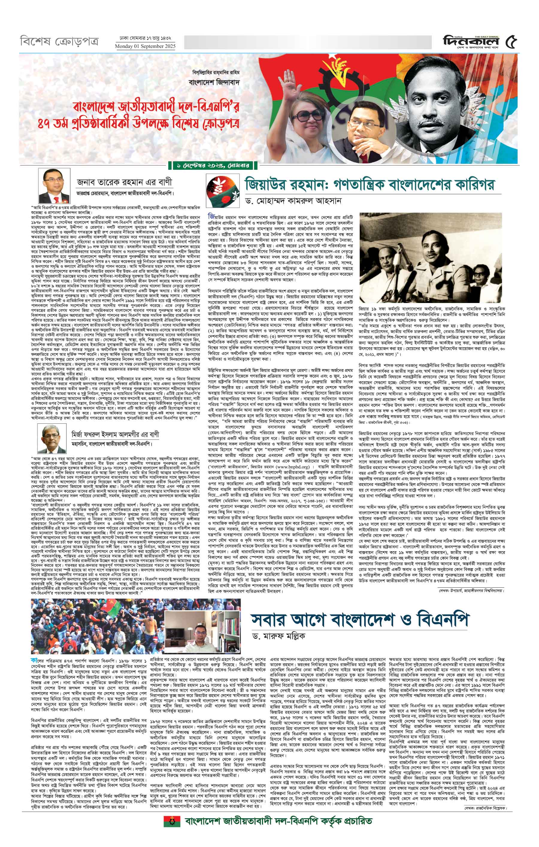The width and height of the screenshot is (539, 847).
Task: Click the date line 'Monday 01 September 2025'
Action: (x=145, y=46)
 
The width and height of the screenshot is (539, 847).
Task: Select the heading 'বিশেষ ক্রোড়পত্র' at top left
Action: (x=59, y=42)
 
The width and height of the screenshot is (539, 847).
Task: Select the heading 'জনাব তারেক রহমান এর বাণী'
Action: (x=125, y=182)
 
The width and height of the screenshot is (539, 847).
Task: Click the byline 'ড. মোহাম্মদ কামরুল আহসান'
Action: (x=294, y=201)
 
